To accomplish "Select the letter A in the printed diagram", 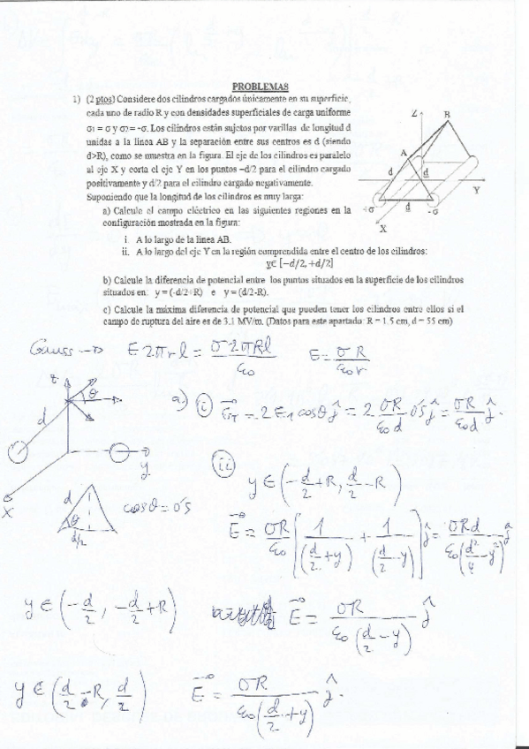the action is click(403, 153).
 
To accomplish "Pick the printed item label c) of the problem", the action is click(106, 308).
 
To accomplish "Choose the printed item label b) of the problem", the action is click(106, 279).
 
